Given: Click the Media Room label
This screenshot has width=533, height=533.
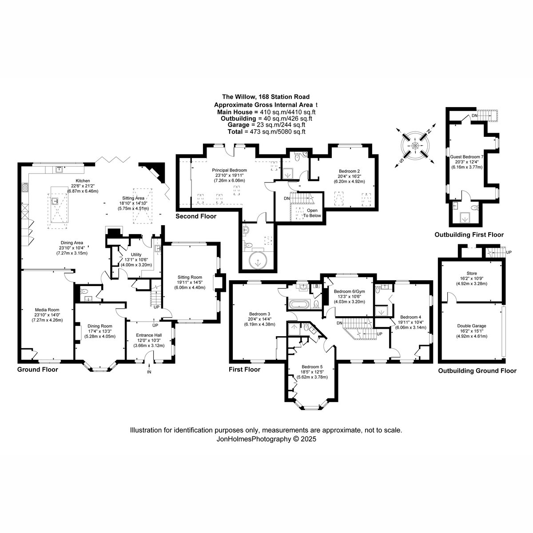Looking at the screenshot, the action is click(47, 310).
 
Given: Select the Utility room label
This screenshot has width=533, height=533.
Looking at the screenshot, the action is click(136, 255).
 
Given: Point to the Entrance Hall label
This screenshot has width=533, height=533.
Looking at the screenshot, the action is click(149, 335).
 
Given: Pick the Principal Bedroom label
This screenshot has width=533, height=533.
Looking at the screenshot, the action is click(229, 170).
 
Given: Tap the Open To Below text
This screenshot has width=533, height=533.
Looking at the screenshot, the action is click(312, 213).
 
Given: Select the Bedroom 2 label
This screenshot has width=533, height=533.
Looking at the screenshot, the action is click(349, 171).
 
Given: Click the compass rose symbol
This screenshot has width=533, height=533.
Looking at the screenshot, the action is click(415, 146).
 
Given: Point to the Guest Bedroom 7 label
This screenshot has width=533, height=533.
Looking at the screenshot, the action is click(467, 157).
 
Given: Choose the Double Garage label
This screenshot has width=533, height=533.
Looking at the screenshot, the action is click(472, 326).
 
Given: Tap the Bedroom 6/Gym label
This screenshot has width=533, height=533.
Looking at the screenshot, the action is click(350, 291).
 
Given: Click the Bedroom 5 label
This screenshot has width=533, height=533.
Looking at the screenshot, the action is click(312, 367).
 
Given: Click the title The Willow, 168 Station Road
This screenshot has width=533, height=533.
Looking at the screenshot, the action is click(266, 97).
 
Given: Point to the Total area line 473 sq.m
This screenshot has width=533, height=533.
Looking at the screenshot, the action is click(266, 131).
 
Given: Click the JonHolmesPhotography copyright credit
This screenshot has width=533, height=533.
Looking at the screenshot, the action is click(266, 439).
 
